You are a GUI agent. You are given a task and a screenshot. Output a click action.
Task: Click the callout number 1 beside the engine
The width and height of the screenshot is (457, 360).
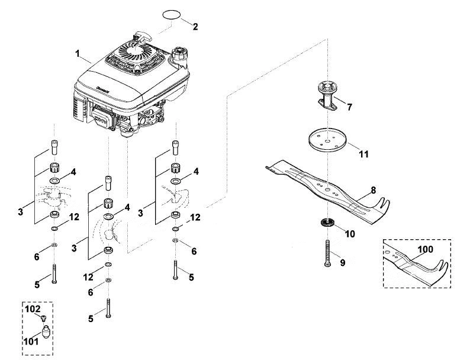point(77,54)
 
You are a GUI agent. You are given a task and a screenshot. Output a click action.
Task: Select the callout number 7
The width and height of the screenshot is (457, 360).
point(349,107)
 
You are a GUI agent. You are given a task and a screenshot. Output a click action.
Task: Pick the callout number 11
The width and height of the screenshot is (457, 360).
point(363,154)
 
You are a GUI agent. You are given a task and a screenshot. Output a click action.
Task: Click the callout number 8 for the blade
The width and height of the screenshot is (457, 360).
point(373,190)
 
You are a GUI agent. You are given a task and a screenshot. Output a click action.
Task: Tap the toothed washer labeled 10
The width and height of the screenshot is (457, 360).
point(328,223)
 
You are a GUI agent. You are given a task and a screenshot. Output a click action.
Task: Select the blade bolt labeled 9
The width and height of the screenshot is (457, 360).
point(327,253)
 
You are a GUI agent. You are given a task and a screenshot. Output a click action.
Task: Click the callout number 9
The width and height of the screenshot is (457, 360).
point(343,263)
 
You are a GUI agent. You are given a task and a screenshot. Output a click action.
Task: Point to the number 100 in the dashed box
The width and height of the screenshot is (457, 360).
point(425,249)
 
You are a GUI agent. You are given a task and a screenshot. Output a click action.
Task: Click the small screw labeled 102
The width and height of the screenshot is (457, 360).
point(43,318)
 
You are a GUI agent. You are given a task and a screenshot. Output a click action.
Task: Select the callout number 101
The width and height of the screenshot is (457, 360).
point(31,341)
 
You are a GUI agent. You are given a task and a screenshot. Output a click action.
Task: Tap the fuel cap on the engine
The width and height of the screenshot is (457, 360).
point(179,53)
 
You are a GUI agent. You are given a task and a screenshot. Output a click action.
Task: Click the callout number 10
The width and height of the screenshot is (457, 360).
point(350,234)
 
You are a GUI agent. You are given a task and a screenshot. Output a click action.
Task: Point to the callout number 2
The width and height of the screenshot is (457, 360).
point(195,27)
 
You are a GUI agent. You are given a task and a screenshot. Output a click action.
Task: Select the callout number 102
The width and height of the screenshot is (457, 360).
point(33,308)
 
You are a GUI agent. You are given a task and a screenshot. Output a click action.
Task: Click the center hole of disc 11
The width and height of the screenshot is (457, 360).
point(327,141)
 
